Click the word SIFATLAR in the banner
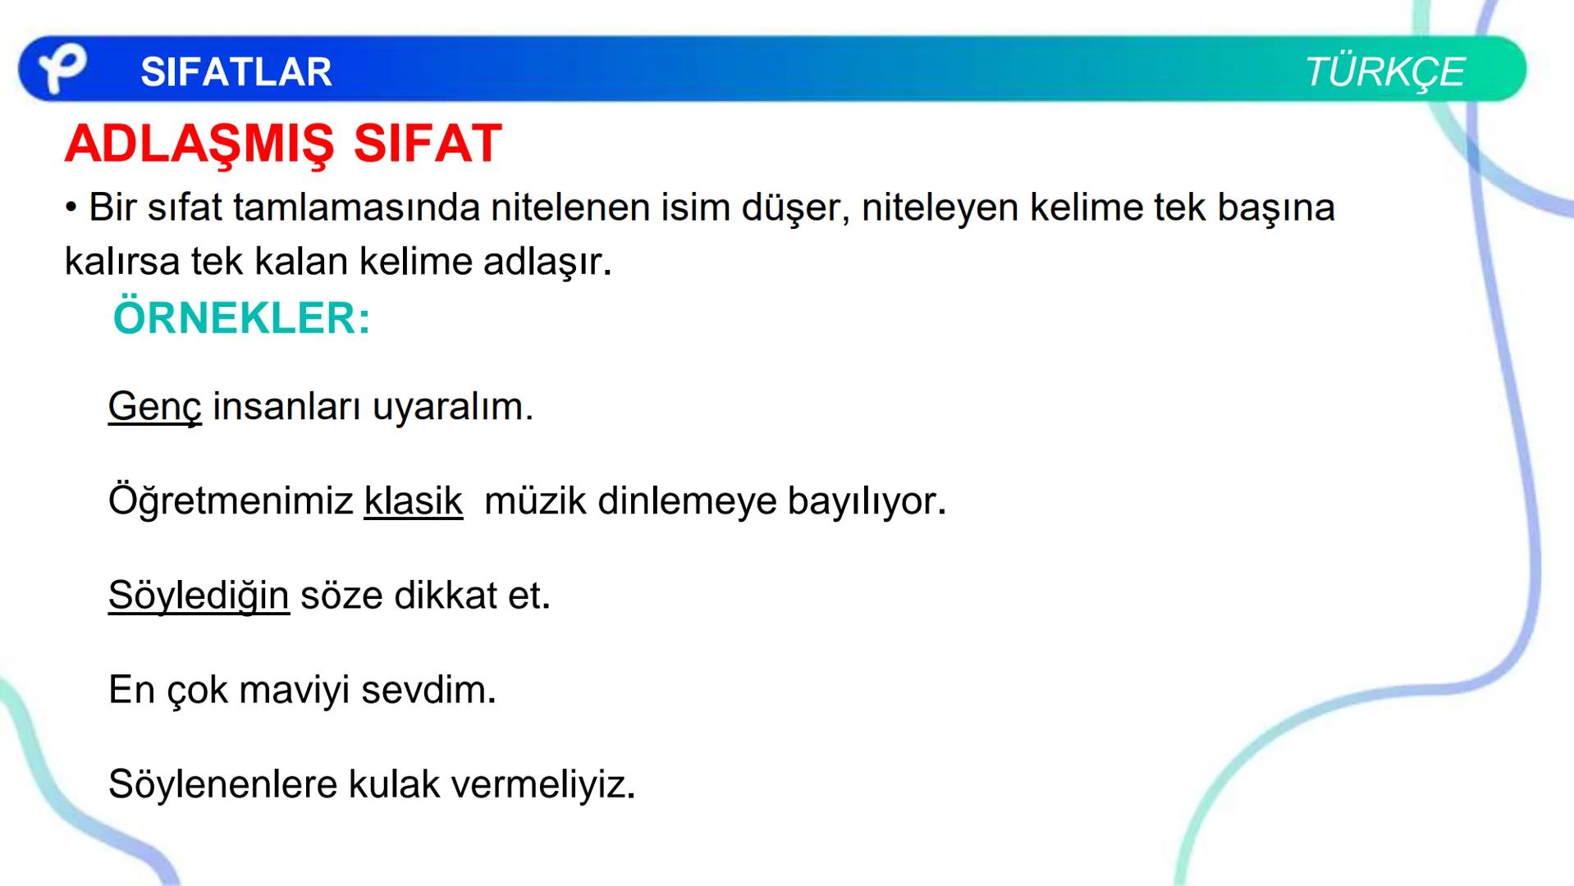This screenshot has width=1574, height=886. point(236,72)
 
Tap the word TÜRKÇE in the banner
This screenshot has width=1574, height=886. point(1384,72)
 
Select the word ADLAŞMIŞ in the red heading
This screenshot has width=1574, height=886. point(199,144)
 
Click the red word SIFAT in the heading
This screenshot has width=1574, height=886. point(427,144)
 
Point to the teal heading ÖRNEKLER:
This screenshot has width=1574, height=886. point(241,318)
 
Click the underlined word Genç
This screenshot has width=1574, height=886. point(154,407)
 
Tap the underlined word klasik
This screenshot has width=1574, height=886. point(413,501)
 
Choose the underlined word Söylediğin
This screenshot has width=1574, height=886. point(198,596)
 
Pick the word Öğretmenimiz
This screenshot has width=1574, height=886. point(231,501)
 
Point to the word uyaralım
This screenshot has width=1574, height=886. point(452,407)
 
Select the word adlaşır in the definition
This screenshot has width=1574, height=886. point(547,263)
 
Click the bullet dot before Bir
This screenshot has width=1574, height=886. point(71,208)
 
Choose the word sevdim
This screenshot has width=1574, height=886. point(428,690)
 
